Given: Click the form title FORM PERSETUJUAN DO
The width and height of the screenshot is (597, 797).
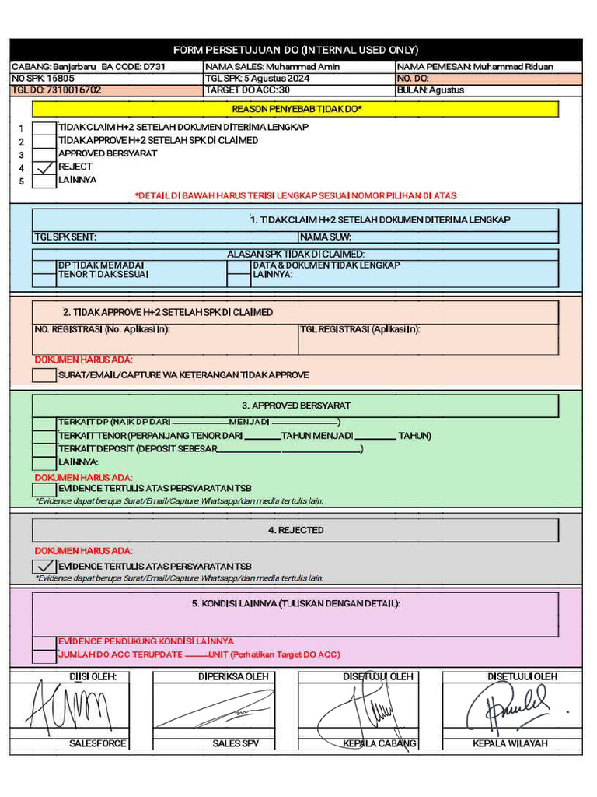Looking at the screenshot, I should point(295,50).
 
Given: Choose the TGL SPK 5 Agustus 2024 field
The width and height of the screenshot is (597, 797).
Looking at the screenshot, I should point(257,79).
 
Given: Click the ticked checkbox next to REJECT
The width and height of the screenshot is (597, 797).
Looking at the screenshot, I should point(45,167).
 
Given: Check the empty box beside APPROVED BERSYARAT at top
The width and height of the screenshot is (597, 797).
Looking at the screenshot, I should point(45,154).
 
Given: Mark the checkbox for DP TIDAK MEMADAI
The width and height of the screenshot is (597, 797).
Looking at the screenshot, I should point(44,265).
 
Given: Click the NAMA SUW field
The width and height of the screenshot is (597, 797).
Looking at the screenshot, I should point(428,237).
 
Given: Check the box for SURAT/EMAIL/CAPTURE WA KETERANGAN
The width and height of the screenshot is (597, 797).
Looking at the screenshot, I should point(44,375).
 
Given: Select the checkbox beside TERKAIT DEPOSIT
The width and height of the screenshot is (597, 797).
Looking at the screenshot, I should point(44,449).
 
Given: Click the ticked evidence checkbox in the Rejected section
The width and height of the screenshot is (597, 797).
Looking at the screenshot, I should point(44,566).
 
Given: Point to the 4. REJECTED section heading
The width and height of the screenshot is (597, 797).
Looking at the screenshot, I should point(295,530).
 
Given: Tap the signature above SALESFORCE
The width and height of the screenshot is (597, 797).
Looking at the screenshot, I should point(70,708).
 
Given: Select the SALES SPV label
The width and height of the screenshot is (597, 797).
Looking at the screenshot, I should point(236,743).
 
